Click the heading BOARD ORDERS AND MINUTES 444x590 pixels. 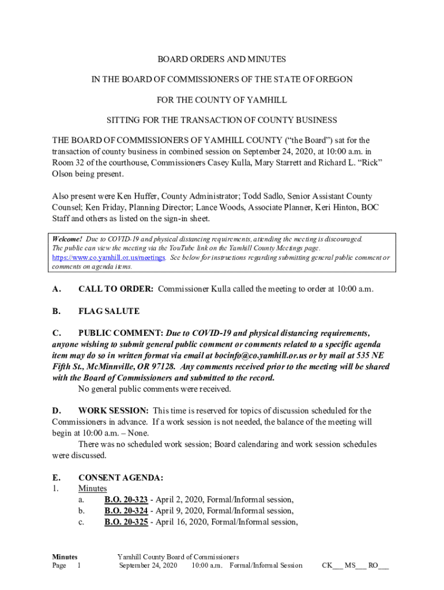222,59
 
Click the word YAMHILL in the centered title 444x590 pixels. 261,100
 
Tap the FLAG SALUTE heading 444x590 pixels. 109,311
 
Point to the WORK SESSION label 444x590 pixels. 113,411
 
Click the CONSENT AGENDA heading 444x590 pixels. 121,478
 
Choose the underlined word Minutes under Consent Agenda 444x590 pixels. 92,489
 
